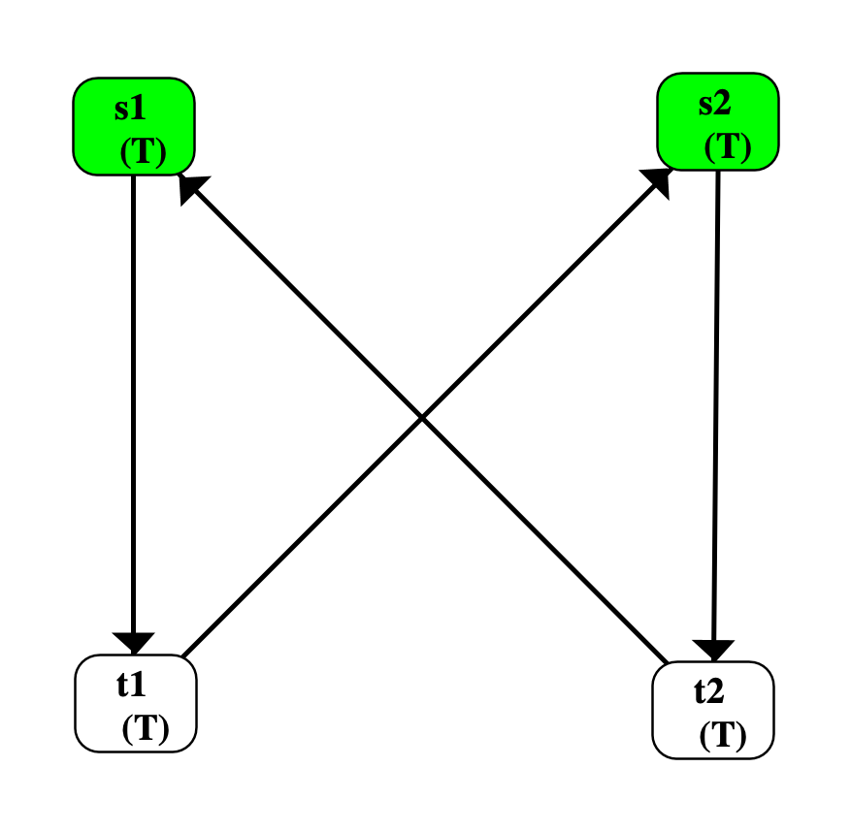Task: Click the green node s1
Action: click(x=134, y=126)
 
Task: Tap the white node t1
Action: click(x=136, y=703)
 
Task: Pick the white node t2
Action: click(x=713, y=709)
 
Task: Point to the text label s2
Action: click(x=715, y=103)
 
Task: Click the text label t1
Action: click(x=131, y=684)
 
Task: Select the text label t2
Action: click(x=709, y=690)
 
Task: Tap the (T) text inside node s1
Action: click(x=143, y=152)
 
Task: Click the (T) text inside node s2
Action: click(x=727, y=146)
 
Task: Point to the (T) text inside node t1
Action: click(x=145, y=728)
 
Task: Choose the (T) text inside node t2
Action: click(x=723, y=736)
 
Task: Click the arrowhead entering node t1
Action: click(x=134, y=643)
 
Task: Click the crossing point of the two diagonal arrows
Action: click(x=423, y=419)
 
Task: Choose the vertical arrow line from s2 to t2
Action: click(x=716, y=407)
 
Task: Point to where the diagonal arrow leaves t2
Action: click(x=667, y=663)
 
